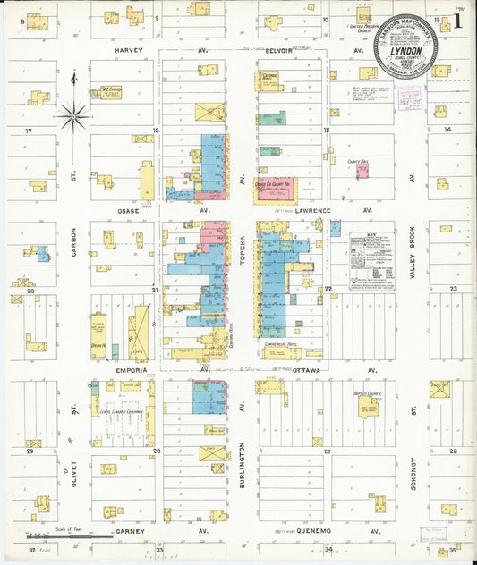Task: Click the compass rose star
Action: coord(72,114)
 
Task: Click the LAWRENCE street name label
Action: coord(313,211)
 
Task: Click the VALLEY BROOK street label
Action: coord(413,259)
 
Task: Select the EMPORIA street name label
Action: coord(118,367)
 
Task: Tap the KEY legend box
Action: coord(371,261)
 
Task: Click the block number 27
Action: coord(328,451)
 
